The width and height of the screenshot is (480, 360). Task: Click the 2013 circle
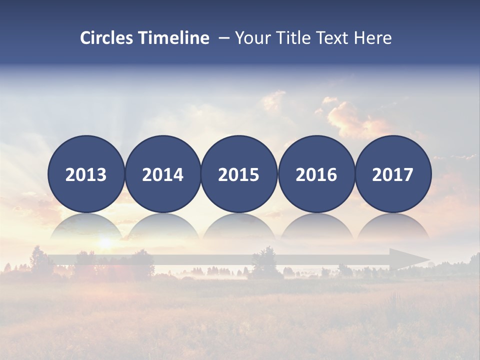(86, 174)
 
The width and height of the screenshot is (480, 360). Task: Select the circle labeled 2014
(163, 174)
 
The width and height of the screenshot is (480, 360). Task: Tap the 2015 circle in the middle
(239, 174)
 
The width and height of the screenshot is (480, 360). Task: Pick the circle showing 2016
(316, 174)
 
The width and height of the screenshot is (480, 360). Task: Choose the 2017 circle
(393, 174)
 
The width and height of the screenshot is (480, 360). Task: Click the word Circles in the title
(107, 38)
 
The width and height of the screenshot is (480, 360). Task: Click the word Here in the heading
(373, 38)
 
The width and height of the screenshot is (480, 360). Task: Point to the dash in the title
(223, 38)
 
